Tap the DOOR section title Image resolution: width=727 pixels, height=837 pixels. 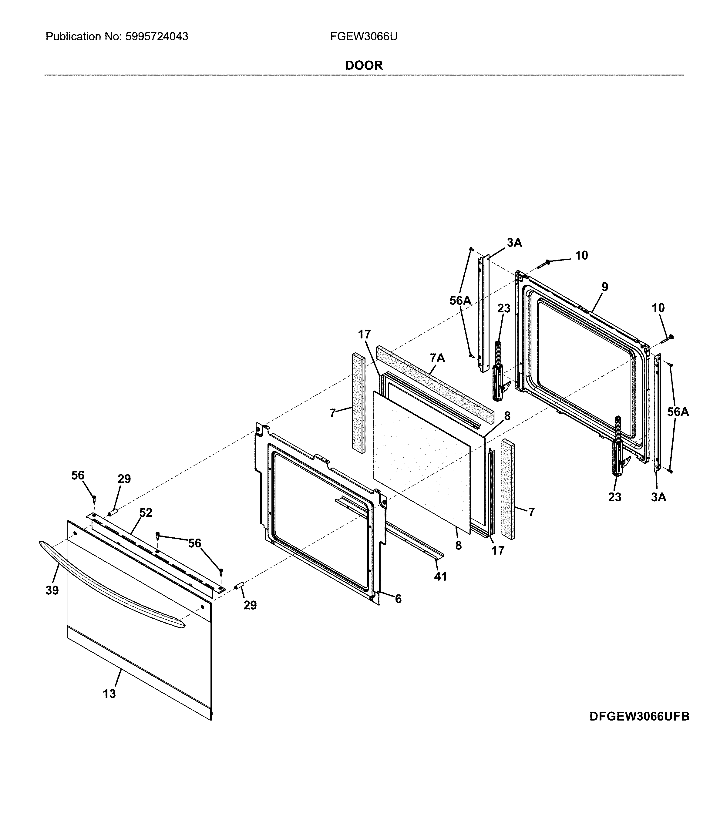[363, 65]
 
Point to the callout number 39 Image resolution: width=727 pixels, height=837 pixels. [52, 590]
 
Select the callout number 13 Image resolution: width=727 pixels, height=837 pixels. [109, 694]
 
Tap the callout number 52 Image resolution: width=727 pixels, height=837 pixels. [146, 513]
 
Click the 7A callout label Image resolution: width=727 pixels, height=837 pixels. [437, 358]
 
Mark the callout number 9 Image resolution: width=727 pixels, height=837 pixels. [604, 287]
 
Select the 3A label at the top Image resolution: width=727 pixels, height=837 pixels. [514, 243]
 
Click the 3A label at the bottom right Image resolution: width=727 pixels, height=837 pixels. [658, 497]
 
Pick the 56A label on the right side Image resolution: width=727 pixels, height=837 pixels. [678, 412]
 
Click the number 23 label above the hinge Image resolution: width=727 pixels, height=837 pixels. [503, 308]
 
